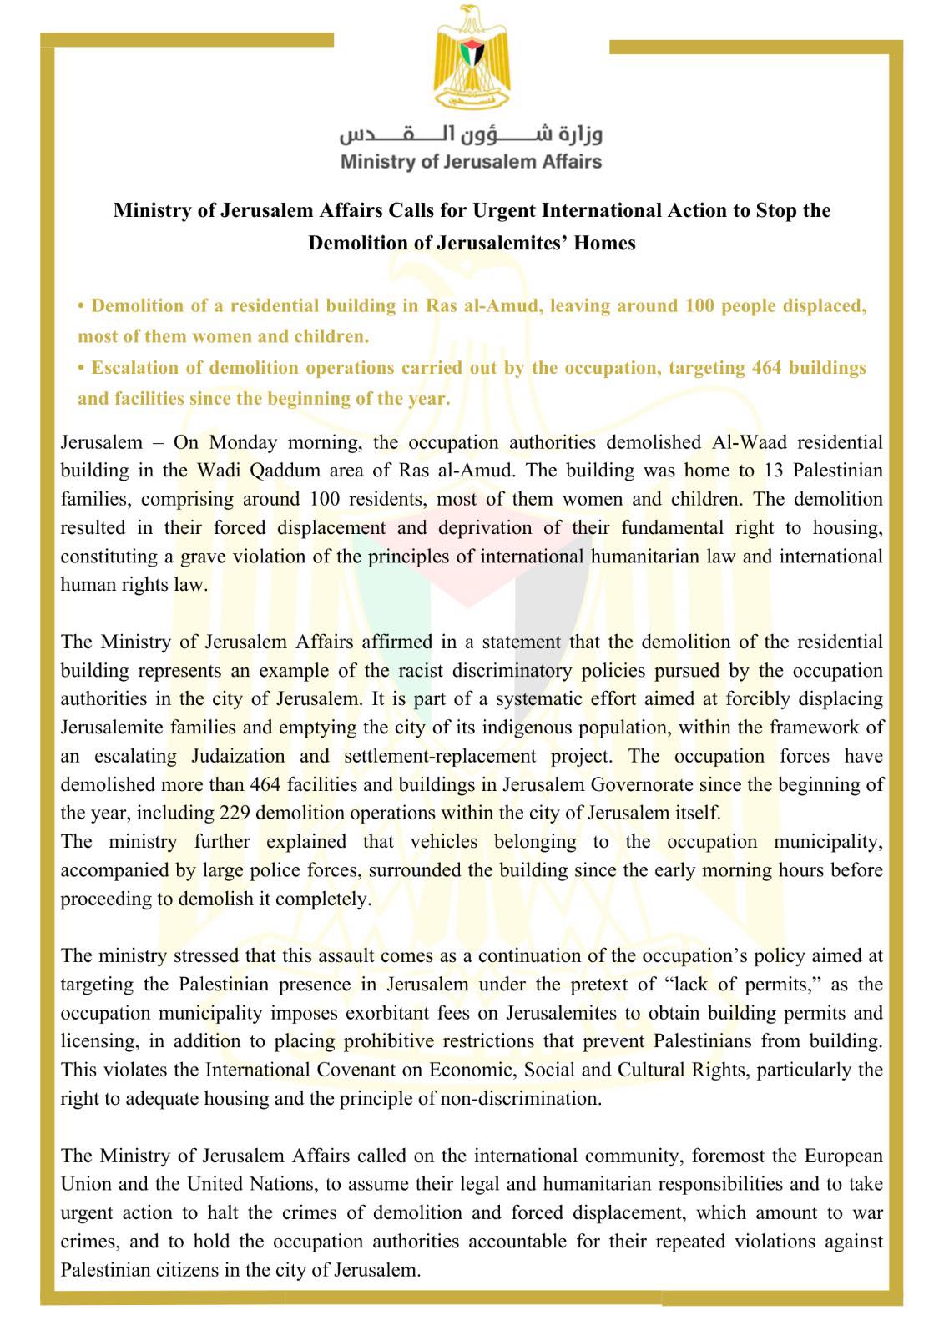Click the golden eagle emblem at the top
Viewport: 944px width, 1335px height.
472,57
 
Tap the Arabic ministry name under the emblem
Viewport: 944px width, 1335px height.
471,133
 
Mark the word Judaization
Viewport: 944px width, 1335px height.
238,757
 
